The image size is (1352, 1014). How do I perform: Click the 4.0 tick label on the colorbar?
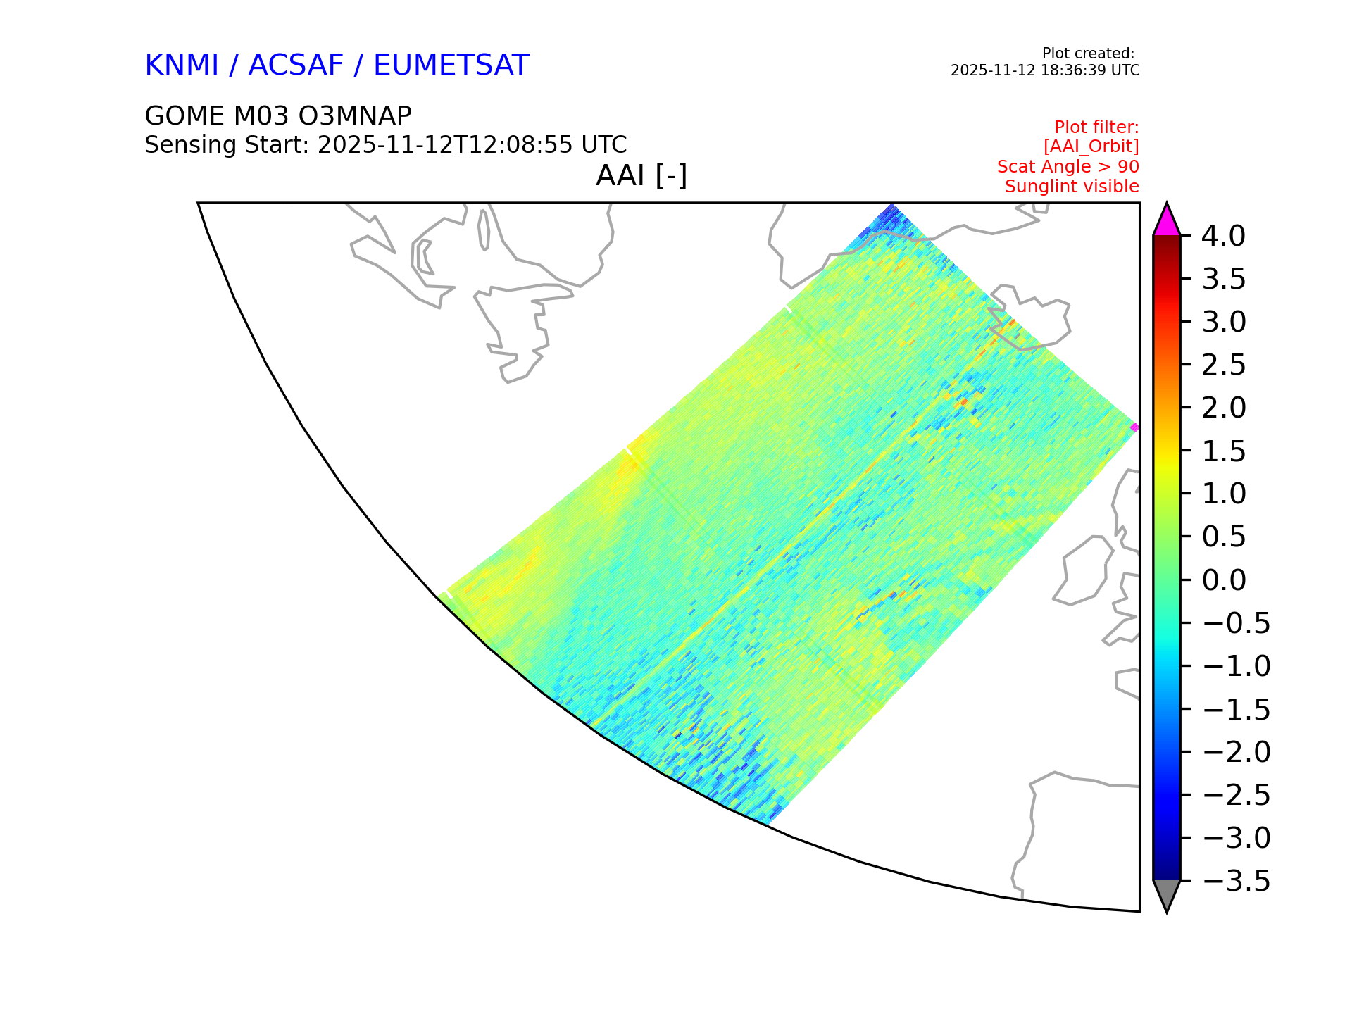[x=1223, y=236]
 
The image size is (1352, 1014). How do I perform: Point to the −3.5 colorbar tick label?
[x=1237, y=881]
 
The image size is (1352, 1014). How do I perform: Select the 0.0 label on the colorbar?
[x=1223, y=580]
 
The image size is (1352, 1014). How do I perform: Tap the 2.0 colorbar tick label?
[x=1223, y=408]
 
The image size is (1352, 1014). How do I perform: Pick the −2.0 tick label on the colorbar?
[x=1237, y=752]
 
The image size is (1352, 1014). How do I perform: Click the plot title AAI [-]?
[x=641, y=175]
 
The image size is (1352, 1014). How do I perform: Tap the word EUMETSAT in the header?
[x=451, y=65]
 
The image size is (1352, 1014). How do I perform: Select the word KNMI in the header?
[x=182, y=65]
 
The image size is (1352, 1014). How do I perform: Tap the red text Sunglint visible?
[x=1072, y=187]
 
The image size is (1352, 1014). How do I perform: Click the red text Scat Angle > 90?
[x=1068, y=167]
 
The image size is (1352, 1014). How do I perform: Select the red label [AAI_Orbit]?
[x=1091, y=146]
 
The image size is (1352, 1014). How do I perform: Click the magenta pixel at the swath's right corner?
[x=1134, y=427]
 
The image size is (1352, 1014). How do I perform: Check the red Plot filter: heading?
[x=1096, y=127]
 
